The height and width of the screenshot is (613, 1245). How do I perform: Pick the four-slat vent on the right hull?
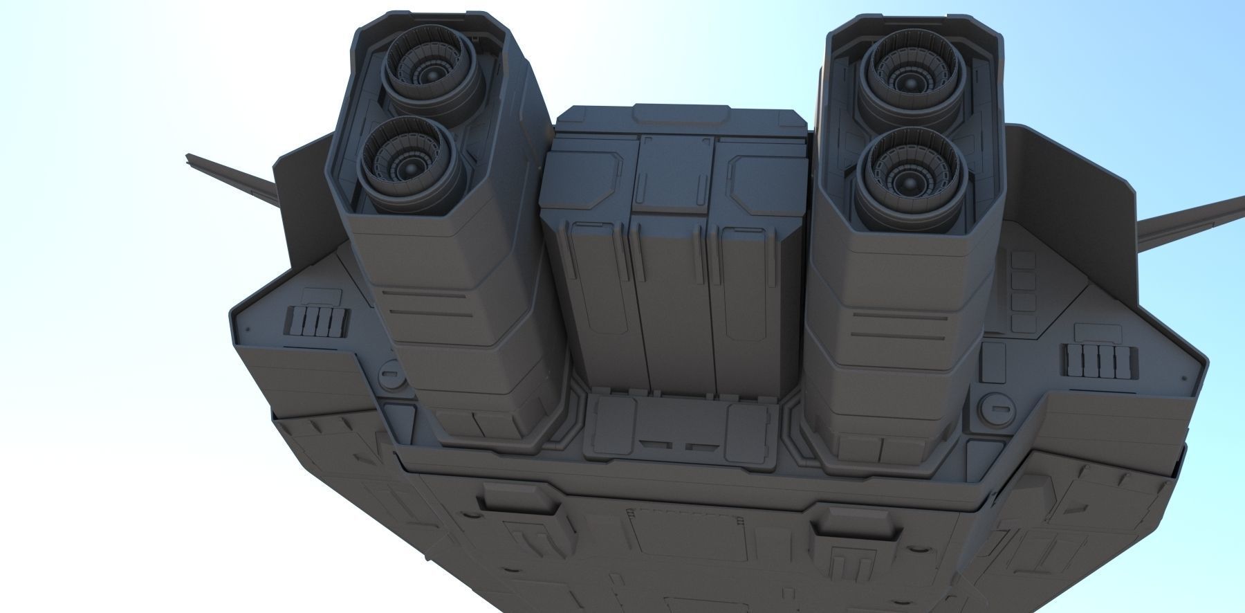pyautogui.click(x=1100, y=360)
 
